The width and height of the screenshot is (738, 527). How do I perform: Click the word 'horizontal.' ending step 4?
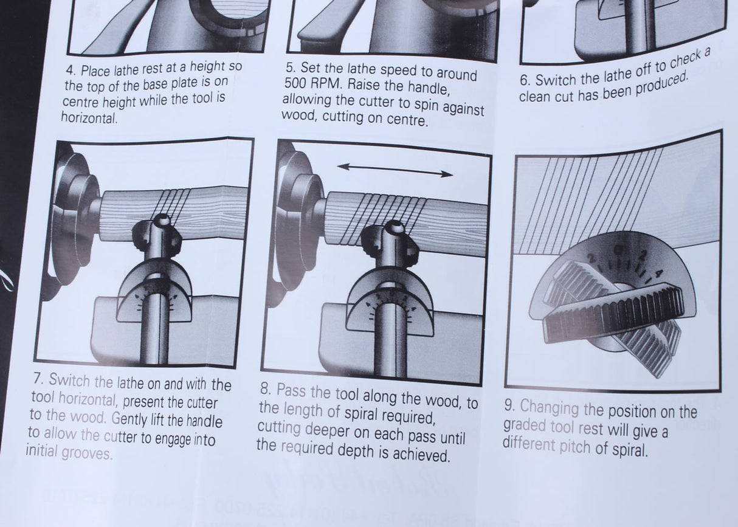(89, 118)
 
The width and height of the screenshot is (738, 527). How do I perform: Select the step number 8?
(264, 388)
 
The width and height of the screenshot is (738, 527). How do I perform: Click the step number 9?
(509, 406)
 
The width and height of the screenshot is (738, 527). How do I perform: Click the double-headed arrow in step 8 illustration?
(395, 170)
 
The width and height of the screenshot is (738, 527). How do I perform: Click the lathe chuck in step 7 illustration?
(73, 213)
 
